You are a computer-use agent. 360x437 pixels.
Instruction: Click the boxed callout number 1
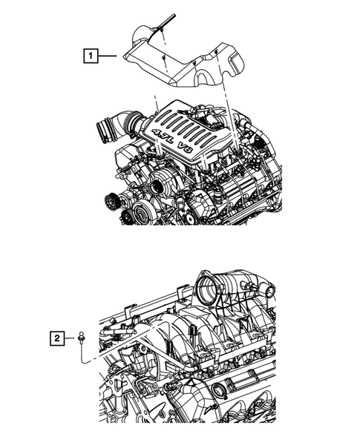(x=90, y=54)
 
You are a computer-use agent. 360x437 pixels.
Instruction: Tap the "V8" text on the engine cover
(x=186, y=148)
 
